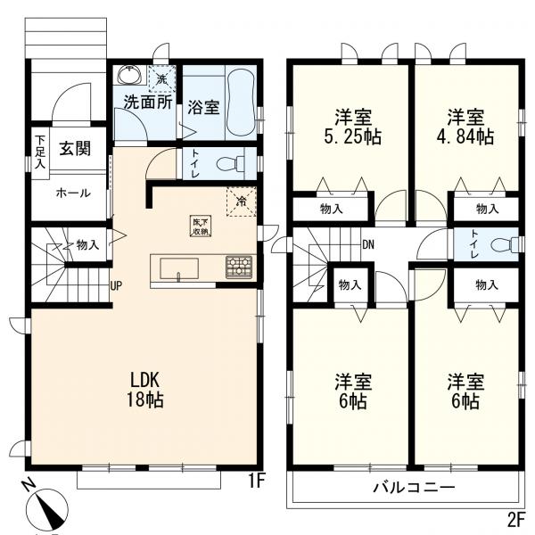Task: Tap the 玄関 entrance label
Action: [x=74, y=149]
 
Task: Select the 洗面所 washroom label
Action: [x=147, y=102]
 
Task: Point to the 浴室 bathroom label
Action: [x=203, y=107]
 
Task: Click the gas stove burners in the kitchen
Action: [x=239, y=266]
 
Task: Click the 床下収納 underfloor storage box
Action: [x=201, y=226]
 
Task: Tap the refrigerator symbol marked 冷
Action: [x=241, y=201]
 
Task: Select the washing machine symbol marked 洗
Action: [x=160, y=79]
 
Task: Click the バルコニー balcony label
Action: [x=414, y=489]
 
